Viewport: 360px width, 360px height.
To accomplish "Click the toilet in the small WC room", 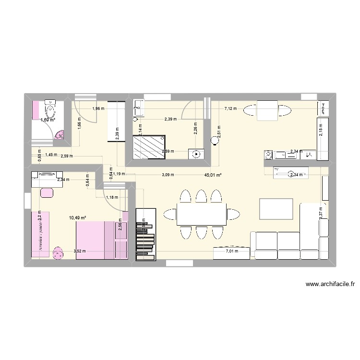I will click(50, 105).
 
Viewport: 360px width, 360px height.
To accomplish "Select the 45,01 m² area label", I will click(213, 175).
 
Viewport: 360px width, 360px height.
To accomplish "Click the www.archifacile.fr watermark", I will click(330, 284).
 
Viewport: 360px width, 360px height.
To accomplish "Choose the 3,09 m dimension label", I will click(169, 174).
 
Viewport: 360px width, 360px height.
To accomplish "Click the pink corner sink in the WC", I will click(60, 136).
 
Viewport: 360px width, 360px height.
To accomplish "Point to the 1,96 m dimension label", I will click(98, 109).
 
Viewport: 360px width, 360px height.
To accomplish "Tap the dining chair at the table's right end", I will click(233, 213).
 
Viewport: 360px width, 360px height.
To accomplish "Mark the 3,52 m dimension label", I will click(80, 251).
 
